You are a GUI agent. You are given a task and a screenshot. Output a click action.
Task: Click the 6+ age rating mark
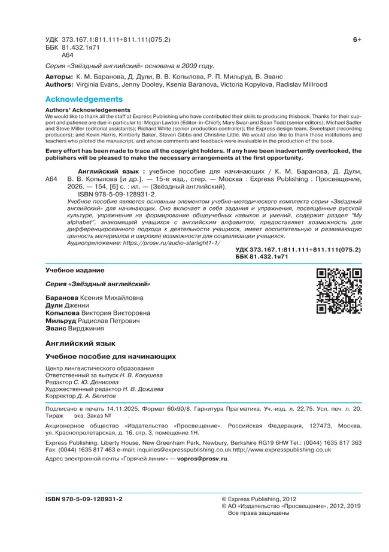357,40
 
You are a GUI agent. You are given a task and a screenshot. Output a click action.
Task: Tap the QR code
339,292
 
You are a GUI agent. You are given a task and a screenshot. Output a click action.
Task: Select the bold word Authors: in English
59,85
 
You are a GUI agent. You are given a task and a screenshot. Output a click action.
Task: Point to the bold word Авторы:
59,77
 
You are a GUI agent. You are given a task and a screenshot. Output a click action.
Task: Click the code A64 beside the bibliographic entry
51,179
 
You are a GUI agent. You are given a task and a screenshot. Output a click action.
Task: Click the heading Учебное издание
74,270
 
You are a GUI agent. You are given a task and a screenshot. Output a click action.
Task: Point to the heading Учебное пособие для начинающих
111,356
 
